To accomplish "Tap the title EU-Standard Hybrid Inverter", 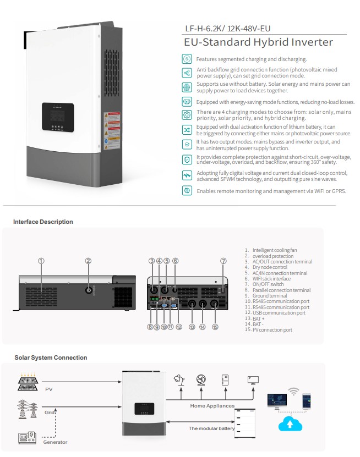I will pos(258,42).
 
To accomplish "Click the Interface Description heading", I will pos(43,222).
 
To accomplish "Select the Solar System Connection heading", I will pos(51,358).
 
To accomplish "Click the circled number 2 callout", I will pos(88,261).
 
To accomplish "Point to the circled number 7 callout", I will pos(223,261).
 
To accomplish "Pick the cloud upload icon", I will pos(290,424).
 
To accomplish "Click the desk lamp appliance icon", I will pos(178,380).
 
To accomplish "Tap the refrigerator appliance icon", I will pos(225,380).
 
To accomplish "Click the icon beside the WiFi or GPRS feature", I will pos(187,191).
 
